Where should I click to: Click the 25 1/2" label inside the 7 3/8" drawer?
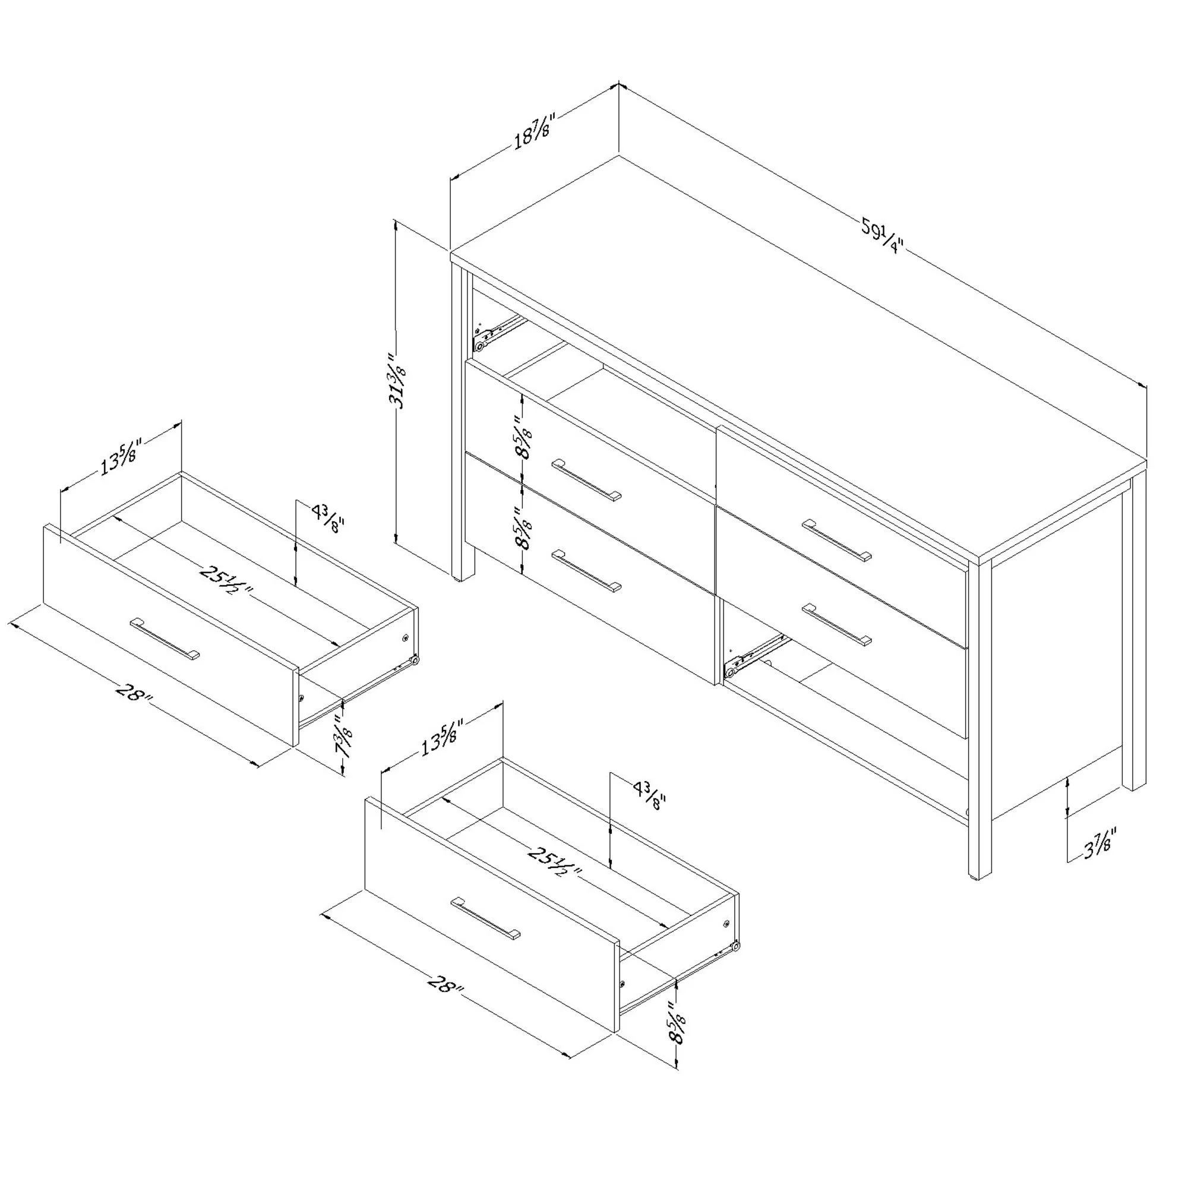[226, 582]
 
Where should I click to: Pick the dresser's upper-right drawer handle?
[837, 541]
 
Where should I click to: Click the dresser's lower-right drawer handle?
[837, 625]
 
